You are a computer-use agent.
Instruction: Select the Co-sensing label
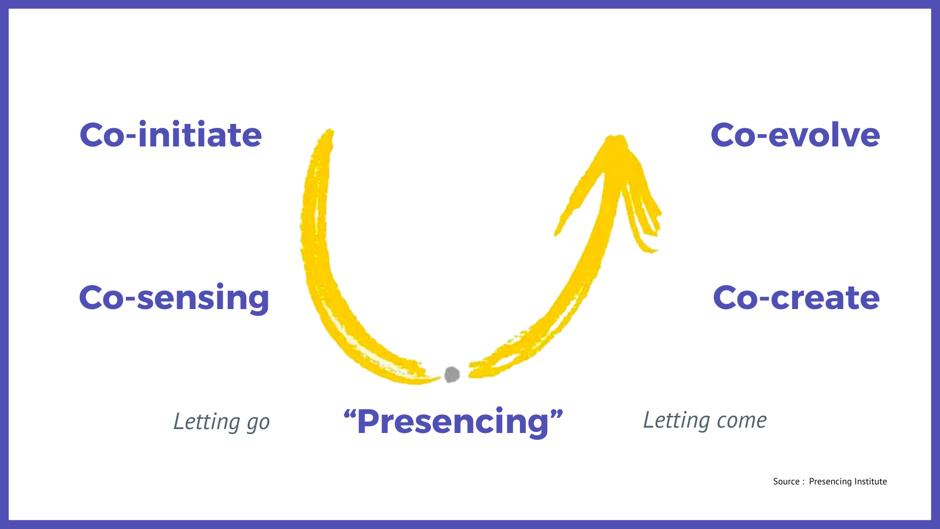[174, 298]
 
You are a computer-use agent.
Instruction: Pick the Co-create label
[796, 297]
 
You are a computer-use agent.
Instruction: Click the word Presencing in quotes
[453, 422]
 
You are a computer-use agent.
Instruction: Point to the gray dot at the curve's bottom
[451, 375]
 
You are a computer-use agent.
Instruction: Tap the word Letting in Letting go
[207, 421]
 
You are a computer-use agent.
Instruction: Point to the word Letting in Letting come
[677, 420]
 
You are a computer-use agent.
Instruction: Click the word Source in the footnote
[786, 481]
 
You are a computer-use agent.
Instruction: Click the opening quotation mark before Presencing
[350, 415]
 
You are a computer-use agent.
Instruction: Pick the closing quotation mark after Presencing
[557, 415]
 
